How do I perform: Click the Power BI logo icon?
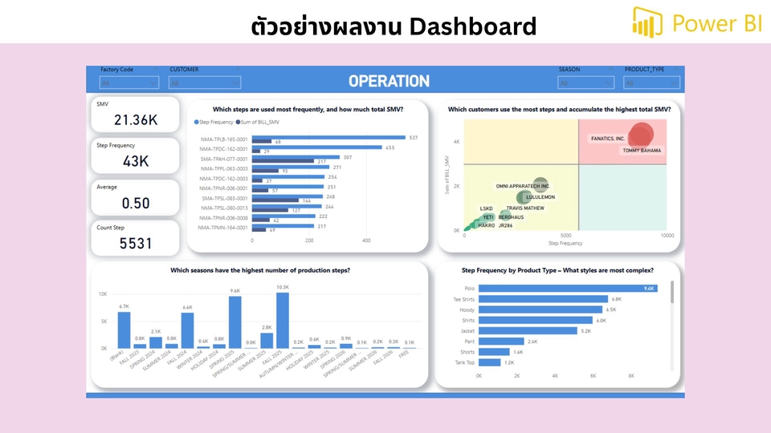[x=647, y=22]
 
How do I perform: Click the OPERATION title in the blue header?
[x=389, y=81]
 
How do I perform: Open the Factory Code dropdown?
[x=128, y=83]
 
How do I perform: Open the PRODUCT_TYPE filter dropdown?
[x=651, y=83]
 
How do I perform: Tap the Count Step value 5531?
[x=136, y=243]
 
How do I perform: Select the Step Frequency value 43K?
[x=136, y=161]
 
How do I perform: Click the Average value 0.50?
[x=136, y=203]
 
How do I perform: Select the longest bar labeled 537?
[x=328, y=138]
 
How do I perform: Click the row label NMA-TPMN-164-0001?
[x=224, y=228]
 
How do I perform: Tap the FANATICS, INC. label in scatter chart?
[x=607, y=139]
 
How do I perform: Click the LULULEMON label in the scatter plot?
[x=541, y=196]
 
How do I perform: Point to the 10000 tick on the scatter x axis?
[x=667, y=236]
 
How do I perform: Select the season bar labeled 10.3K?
[x=282, y=320]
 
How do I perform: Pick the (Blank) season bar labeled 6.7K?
[x=124, y=330]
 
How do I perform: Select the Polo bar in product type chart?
[x=569, y=289]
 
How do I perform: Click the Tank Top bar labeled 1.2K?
[x=490, y=362]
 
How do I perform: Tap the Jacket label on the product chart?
[x=467, y=330]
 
